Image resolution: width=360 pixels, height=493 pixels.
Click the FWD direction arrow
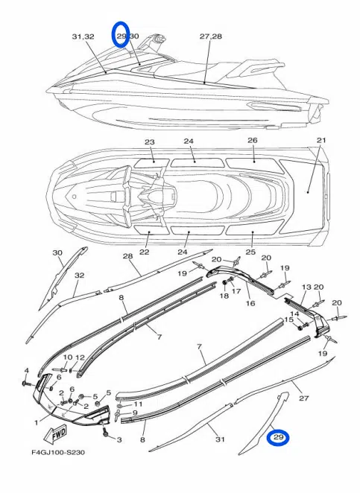(x=56, y=434)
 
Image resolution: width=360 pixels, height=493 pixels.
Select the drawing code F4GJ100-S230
(x=58, y=453)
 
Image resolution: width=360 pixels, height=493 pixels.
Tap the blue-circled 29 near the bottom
(x=278, y=437)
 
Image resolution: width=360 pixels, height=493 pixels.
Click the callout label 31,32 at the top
(x=83, y=36)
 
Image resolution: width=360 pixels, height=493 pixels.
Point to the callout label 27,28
(x=210, y=36)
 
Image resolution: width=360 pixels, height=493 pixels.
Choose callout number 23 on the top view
(x=150, y=142)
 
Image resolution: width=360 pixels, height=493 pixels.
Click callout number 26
(x=253, y=140)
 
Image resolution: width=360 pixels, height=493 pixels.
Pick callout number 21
(x=321, y=140)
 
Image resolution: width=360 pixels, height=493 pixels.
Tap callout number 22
(x=145, y=252)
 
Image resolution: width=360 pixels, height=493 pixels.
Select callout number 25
(x=250, y=252)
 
